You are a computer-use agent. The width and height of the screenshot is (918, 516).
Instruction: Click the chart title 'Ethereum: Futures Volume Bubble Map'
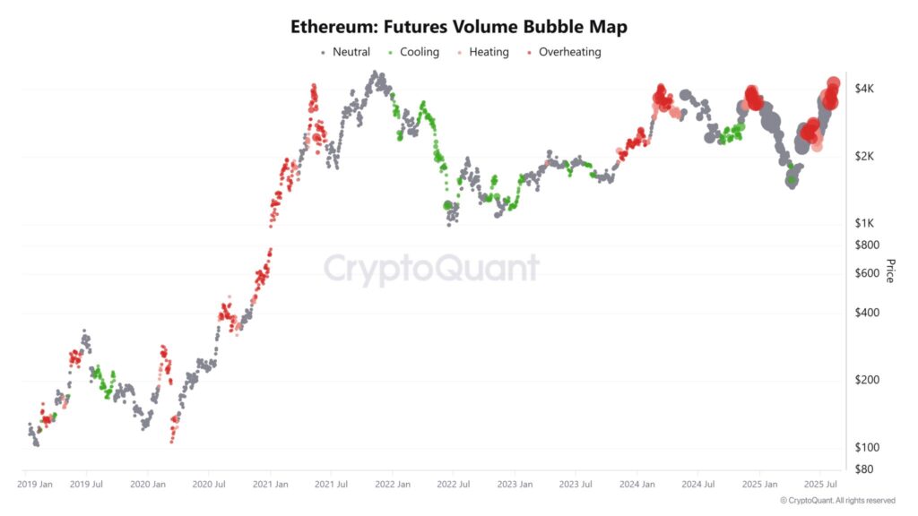[x=459, y=27]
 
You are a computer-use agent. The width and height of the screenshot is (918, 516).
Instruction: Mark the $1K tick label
[x=865, y=223]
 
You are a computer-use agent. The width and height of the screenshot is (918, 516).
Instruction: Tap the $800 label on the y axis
[x=868, y=245]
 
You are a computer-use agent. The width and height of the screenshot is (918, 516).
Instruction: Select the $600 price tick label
[x=868, y=273]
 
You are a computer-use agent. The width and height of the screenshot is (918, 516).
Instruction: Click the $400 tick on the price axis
[x=868, y=313]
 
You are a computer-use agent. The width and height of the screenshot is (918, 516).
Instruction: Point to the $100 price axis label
[x=868, y=447]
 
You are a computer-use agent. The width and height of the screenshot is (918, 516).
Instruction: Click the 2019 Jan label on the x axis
[x=37, y=484]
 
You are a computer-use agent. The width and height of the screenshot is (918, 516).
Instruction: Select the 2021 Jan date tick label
[x=270, y=484]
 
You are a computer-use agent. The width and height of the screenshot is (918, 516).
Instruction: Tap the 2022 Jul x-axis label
[x=453, y=484]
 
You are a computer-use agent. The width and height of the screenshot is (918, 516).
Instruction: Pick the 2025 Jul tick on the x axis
[x=819, y=484]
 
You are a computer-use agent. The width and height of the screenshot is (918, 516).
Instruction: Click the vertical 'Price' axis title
[x=890, y=271]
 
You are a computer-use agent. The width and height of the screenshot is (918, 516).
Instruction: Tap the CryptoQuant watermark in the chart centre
[x=431, y=269]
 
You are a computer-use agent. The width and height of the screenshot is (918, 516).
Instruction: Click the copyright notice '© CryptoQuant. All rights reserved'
[x=837, y=501]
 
